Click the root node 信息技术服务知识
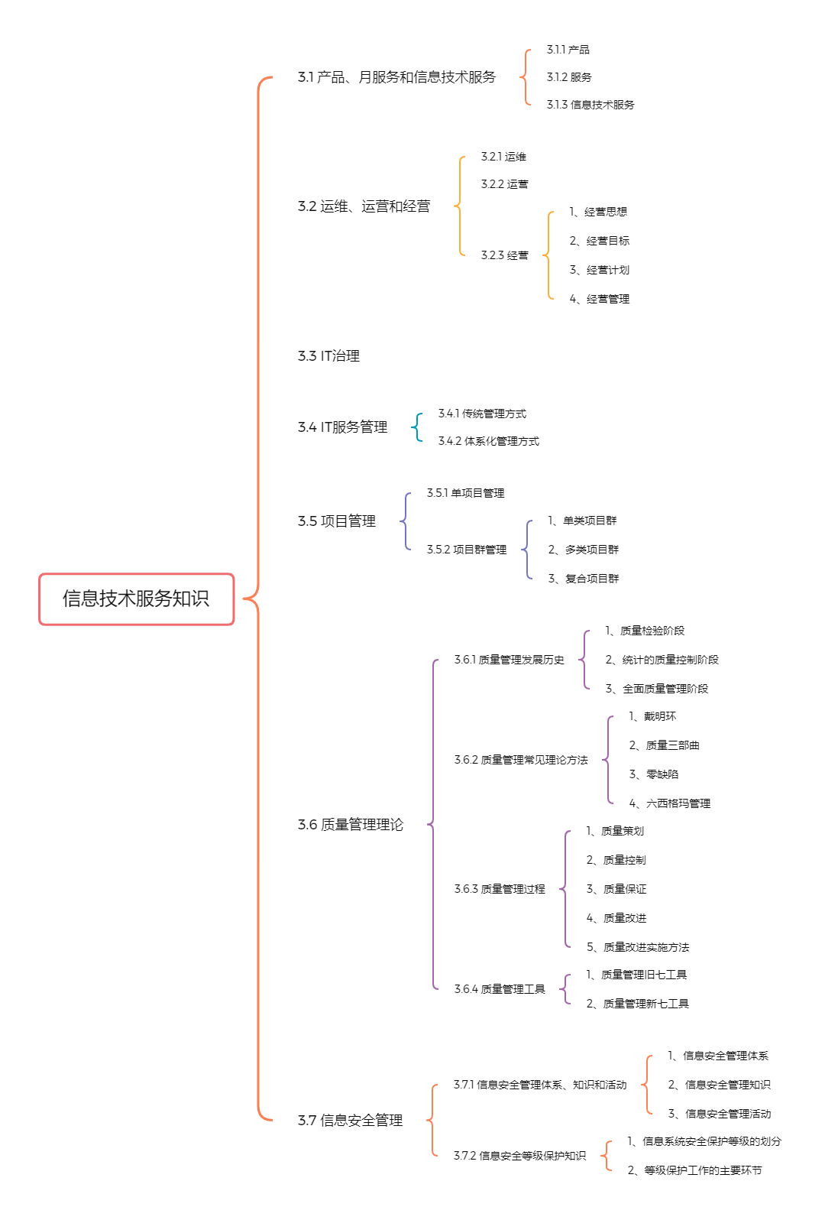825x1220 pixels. (x=136, y=599)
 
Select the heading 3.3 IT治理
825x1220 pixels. (x=328, y=356)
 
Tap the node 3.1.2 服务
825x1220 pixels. (x=568, y=77)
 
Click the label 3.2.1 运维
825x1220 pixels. (x=503, y=157)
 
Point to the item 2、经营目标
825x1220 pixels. (x=599, y=241)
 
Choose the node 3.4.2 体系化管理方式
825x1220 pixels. (x=489, y=441)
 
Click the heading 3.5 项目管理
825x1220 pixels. (x=336, y=521)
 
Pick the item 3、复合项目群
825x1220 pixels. (x=584, y=579)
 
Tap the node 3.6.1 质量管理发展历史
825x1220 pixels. (x=509, y=660)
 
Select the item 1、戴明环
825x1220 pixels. (x=652, y=716)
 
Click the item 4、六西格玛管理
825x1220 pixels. (x=669, y=803)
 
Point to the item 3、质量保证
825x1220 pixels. (x=616, y=889)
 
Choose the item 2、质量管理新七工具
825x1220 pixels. (x=637, y=1003)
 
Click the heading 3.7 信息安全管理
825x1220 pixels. (x=350, y=1121)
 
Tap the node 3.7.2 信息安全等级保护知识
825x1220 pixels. (x=519, y=1156)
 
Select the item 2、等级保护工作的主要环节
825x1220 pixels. (x=694, y=1170)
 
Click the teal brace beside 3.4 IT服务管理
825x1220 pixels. (x=417, y=427)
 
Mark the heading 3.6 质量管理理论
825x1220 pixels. (x=351, y=825)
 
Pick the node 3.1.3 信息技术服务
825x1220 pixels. (x=590, y=105)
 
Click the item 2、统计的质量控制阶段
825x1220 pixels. (x=662, y=660)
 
